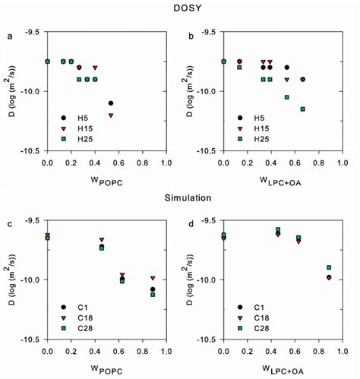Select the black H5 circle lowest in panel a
(111, 103)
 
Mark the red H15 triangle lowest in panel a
(111, 115)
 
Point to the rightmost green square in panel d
(329, 267)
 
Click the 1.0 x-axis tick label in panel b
(341, 163)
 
